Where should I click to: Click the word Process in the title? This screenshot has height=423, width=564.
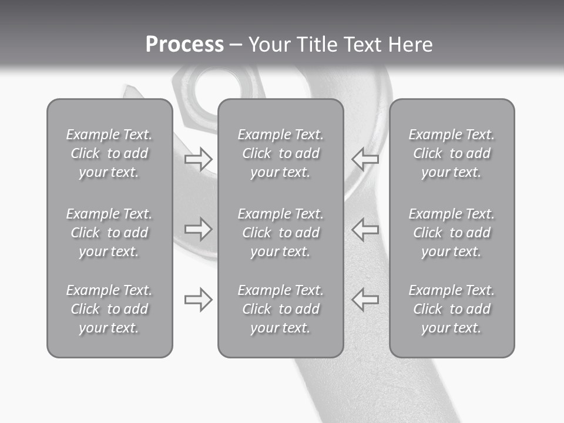click(x=184, y=45)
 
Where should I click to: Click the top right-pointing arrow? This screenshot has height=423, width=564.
click(x=198, y=159)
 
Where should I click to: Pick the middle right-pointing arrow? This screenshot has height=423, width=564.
click(x=198, y=229)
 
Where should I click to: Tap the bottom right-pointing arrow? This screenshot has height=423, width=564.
click(x=198, y=300)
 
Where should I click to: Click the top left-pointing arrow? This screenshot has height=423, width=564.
click(x=365, y=159)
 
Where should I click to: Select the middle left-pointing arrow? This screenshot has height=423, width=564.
click(x=365, y=229)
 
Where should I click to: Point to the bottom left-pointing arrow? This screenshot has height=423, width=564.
click(x=365, y=300)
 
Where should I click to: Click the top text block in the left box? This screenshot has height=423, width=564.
click(x=109, y=153)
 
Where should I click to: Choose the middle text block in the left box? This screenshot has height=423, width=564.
click(x=109, y=233)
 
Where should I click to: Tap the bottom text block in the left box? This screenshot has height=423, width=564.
click(x=109, y=309)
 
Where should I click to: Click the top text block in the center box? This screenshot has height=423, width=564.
click(x=280, y=153)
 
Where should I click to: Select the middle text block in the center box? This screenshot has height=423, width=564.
click(x=280, y=233)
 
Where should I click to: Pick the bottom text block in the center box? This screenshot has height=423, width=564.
click(x=280, y=309)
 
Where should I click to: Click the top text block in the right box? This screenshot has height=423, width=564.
click(x=451, y=153)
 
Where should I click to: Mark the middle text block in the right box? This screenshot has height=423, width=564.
click(x=451, y=233)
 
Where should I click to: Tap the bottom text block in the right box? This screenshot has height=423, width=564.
click(x=451, y=309)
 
